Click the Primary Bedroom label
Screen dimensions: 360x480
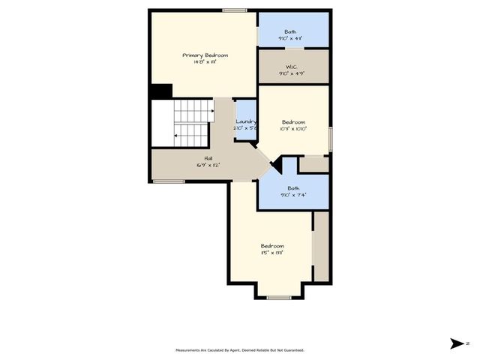coord(205,55)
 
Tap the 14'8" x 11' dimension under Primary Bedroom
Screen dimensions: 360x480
coord(205,62)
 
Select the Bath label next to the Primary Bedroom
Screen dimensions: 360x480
coord(289,31)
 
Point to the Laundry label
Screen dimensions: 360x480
coord(246,121)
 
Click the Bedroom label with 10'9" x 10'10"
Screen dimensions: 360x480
coord(293,121)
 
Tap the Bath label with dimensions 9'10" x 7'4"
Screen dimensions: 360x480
coord(293,188)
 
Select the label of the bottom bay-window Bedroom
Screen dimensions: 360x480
coord(272,246)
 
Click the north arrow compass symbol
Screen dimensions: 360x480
coord(457,344)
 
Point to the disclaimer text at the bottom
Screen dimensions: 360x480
coord(240,349)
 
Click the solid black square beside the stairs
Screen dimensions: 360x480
coord(160,91)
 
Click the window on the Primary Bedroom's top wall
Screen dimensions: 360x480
coord(235,10)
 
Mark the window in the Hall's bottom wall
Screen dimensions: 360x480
coord(169,181)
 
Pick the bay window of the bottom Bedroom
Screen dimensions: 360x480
coord(279,297)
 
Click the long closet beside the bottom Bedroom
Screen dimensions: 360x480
coord(321,247)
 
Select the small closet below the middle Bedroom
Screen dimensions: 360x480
coord(313,163)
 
